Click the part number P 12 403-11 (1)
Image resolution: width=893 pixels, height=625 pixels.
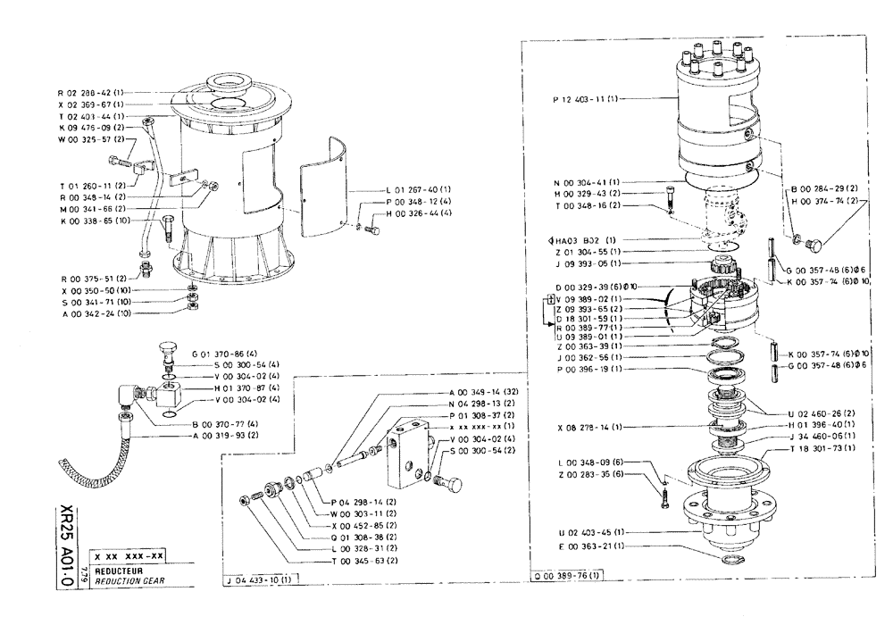click(584, 99)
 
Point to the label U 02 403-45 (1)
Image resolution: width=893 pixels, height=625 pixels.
click(585, 532)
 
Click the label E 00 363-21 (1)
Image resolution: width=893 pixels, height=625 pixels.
click(585, 545)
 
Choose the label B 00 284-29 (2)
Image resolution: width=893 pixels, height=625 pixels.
click(824, 189)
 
